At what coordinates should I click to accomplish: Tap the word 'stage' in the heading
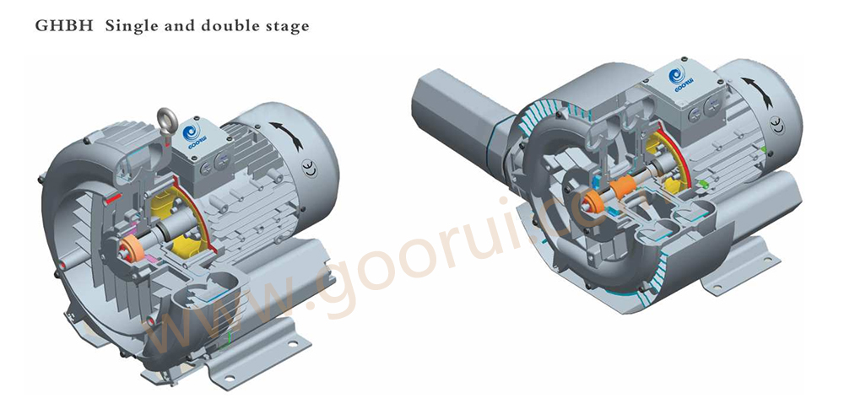pos(287,25)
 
